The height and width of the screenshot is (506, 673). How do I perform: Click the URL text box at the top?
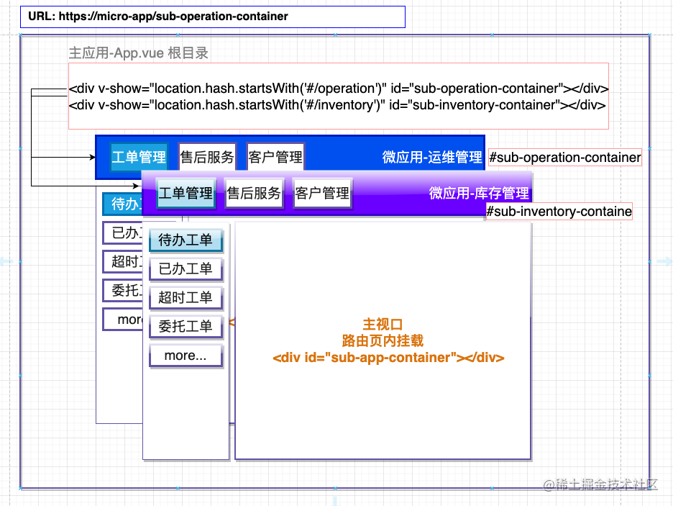tap(212, 17)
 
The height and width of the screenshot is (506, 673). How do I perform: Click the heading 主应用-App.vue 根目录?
tap(139, 53)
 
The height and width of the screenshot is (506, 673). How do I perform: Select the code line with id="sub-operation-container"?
tap(339, 89)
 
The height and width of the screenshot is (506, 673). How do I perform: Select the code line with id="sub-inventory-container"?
tap(336, 104)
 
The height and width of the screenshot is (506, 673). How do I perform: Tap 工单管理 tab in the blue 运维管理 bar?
tap(139, 157)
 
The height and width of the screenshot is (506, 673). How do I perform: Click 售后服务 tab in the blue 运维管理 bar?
tap(206, 157)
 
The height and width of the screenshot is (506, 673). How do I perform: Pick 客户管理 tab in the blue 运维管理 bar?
tap(275, 157)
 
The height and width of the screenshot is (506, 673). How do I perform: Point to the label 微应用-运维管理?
tap(432, 157)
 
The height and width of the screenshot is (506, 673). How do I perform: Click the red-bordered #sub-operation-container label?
tap(564, 158)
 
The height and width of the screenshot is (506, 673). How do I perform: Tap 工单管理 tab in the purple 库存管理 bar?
tap(186, 193)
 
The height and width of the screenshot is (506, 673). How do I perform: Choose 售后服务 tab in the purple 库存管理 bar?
tap(253, 193)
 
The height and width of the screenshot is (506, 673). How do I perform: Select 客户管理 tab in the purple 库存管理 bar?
tap(322, 193)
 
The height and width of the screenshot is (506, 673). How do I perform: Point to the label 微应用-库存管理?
tap(479, 193)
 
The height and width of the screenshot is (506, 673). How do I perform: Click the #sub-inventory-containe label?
tap(559, 212)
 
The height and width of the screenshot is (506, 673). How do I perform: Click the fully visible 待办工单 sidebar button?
tap(186, 240)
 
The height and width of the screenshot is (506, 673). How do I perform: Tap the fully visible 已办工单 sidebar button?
tap(186, 269)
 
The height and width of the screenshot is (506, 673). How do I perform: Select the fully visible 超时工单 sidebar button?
tap(186, 298)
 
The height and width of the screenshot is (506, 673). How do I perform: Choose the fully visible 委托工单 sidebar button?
tap(186, 327)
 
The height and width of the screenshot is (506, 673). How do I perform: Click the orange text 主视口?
tap(383, 325)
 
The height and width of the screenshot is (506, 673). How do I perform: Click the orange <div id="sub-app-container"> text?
tap(388, 357)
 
